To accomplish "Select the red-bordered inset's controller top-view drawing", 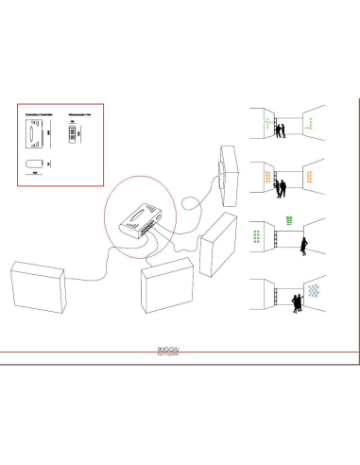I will point(34,133).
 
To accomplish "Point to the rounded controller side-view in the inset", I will point(32,163).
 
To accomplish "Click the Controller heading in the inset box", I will point(35,112).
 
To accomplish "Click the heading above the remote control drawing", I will point(76,112).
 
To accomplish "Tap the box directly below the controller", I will point(165,288).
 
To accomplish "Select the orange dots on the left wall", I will point(268,177).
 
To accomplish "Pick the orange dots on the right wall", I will point(313,176).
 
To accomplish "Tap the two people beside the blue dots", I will point(296,302).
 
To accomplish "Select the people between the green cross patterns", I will point(281,132).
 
